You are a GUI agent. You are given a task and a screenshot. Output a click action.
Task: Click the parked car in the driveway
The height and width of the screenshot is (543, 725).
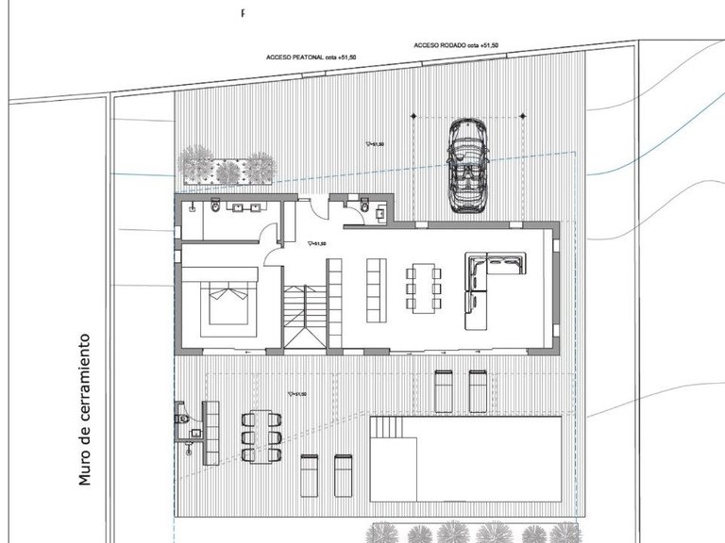[x=466, y=168]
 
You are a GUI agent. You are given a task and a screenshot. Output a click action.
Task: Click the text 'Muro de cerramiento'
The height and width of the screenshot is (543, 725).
[x=88, y=408]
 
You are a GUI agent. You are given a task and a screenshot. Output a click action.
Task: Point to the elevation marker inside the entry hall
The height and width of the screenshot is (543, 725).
[x=317, y=243]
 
